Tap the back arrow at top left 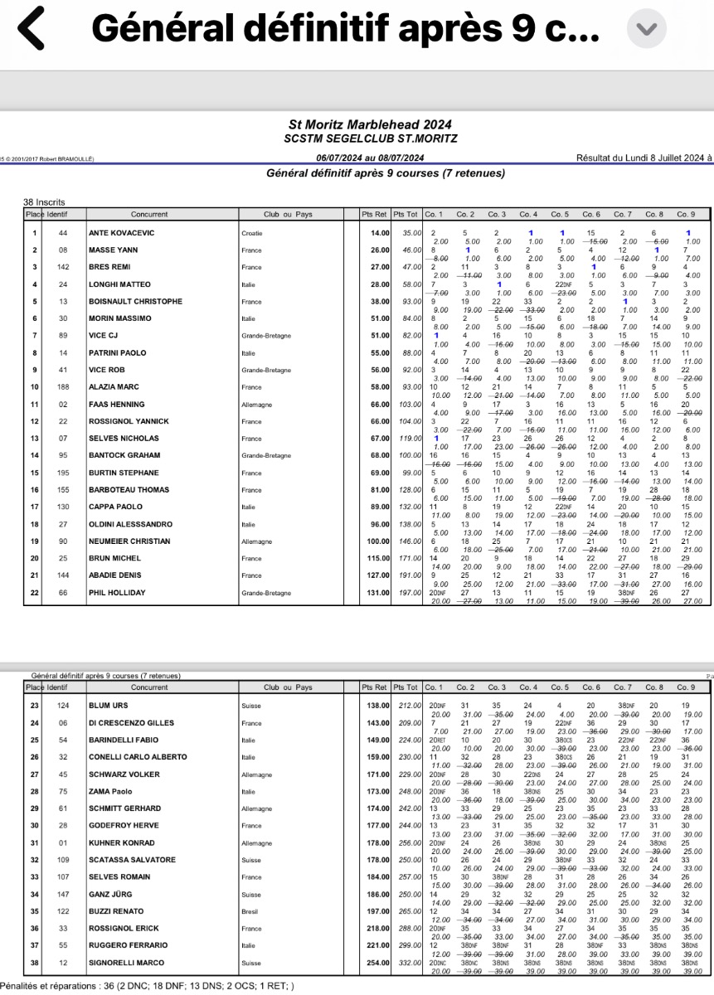tap(31, 28)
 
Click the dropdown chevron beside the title tap(644, 28)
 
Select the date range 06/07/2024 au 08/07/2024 tap(370, 158)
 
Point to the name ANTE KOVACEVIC tap(121, 233)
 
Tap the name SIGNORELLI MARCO tap(127, 963)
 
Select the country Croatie tap(253, 234)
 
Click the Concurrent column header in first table tap(148, 214)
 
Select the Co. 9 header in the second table tap(686, 687)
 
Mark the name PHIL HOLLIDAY tap(118, 593)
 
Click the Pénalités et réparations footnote tap(150, 986)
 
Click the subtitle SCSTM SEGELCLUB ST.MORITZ tap(370, 138)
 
